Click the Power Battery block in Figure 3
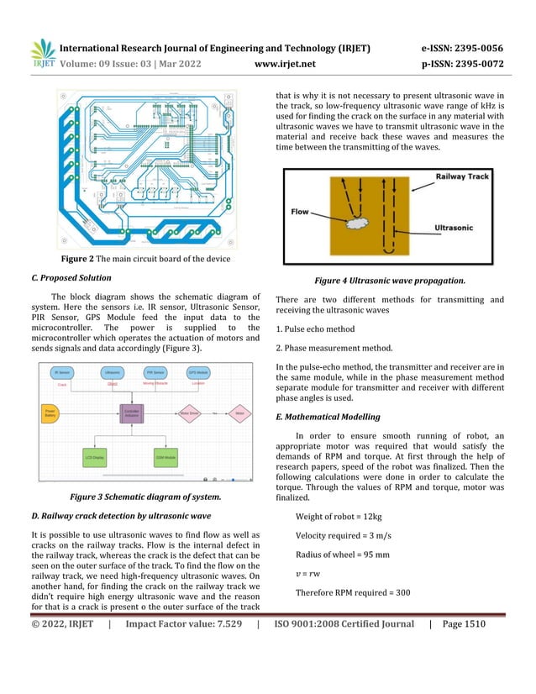51,413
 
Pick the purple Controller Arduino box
132,414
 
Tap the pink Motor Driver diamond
191,413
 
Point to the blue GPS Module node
198,371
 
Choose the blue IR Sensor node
61,371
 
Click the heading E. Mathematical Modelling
333,417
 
